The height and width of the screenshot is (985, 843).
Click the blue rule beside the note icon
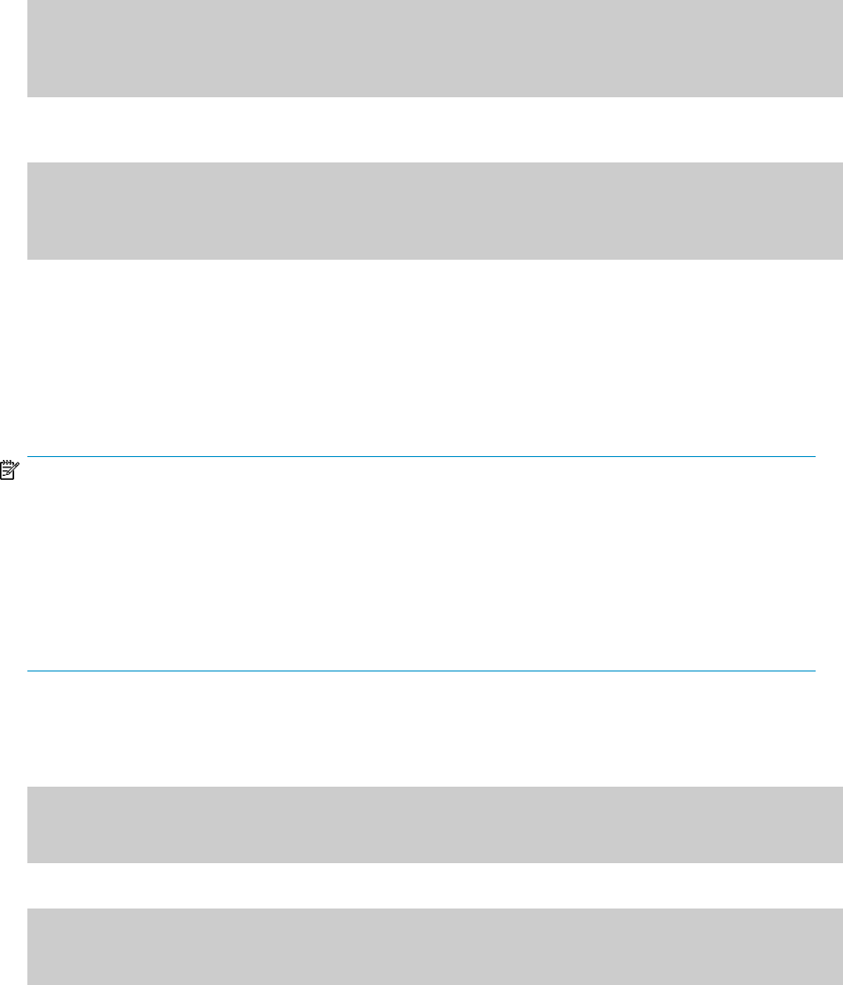coord(420,457)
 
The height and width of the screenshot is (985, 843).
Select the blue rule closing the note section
coord(420,671)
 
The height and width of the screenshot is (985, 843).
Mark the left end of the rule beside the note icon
coord(29,457)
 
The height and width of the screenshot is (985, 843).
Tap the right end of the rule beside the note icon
coord(813,457)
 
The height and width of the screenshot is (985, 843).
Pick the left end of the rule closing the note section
coord(28,671)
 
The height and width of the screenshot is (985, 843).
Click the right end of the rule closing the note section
coord(813,671)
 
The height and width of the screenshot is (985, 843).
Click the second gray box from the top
coord(434,211)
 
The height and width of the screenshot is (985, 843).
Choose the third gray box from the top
coord(434,824)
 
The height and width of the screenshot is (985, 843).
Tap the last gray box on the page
coord(434,946)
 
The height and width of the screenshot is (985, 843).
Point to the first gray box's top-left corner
coord(28,1)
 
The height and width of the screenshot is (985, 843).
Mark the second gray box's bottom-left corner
coord(28,258)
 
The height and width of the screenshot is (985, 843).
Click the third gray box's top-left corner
coord(28,788)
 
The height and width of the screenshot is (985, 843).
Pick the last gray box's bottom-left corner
coord(28,983)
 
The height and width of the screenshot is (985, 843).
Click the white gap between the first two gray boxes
coord(434,129)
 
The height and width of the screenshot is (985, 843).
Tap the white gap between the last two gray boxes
coord(434,886)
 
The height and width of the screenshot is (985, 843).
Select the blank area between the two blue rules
coord(420,565)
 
